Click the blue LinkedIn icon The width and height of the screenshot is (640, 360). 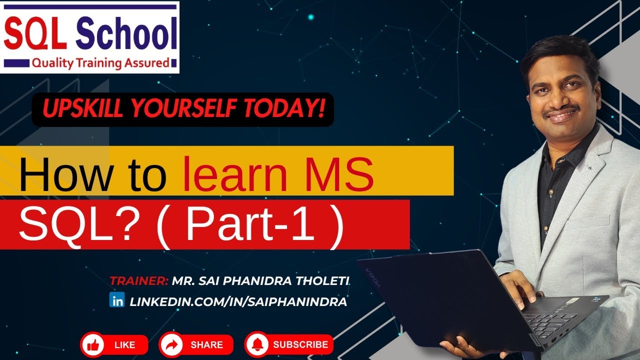[x=116, y=300]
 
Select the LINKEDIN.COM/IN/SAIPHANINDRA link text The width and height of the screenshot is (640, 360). [x=238, y=301]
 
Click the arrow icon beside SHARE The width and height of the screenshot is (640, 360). [x=171, y=345]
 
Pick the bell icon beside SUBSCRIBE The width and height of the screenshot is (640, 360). [x=257, y=345]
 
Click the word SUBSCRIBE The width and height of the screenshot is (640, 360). [x=300, y=344]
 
